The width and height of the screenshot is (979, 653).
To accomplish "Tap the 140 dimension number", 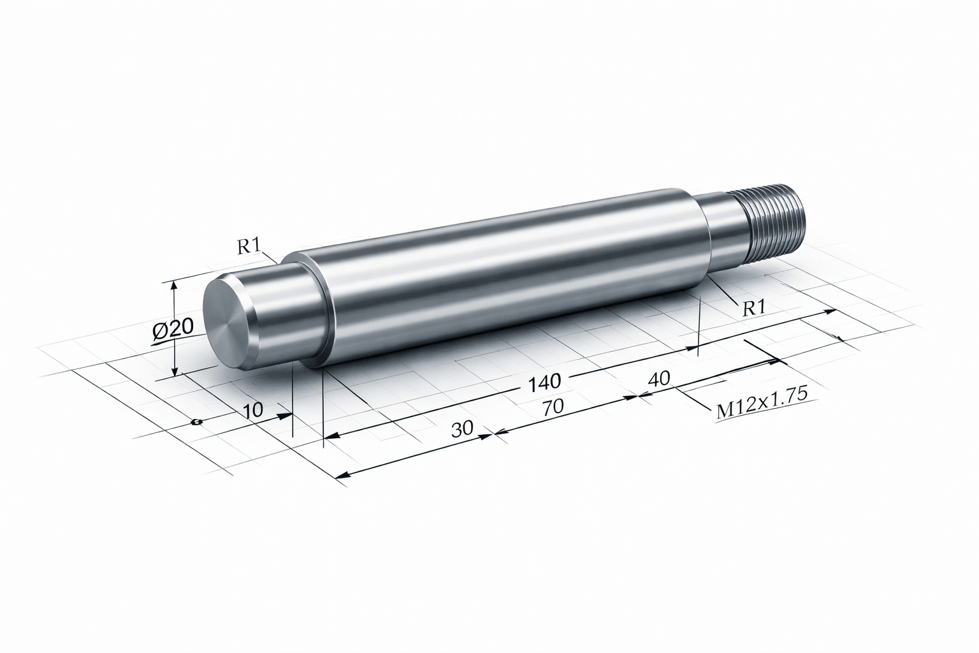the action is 544,382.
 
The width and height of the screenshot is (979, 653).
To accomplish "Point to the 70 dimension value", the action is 553,407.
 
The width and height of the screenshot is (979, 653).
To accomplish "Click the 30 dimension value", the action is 462,429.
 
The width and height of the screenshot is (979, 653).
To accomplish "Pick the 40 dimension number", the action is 658,379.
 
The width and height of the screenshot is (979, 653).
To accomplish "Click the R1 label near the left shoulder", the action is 249,247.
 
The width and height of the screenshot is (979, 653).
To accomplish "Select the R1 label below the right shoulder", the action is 755,309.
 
